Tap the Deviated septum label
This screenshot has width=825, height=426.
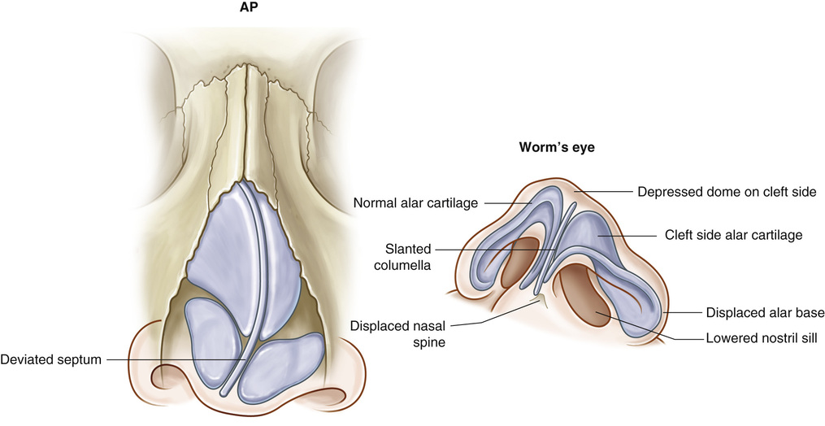[50, 358]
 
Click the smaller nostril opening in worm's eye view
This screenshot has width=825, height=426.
[518, 262]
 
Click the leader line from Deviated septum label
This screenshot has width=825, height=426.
[174, 359]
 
